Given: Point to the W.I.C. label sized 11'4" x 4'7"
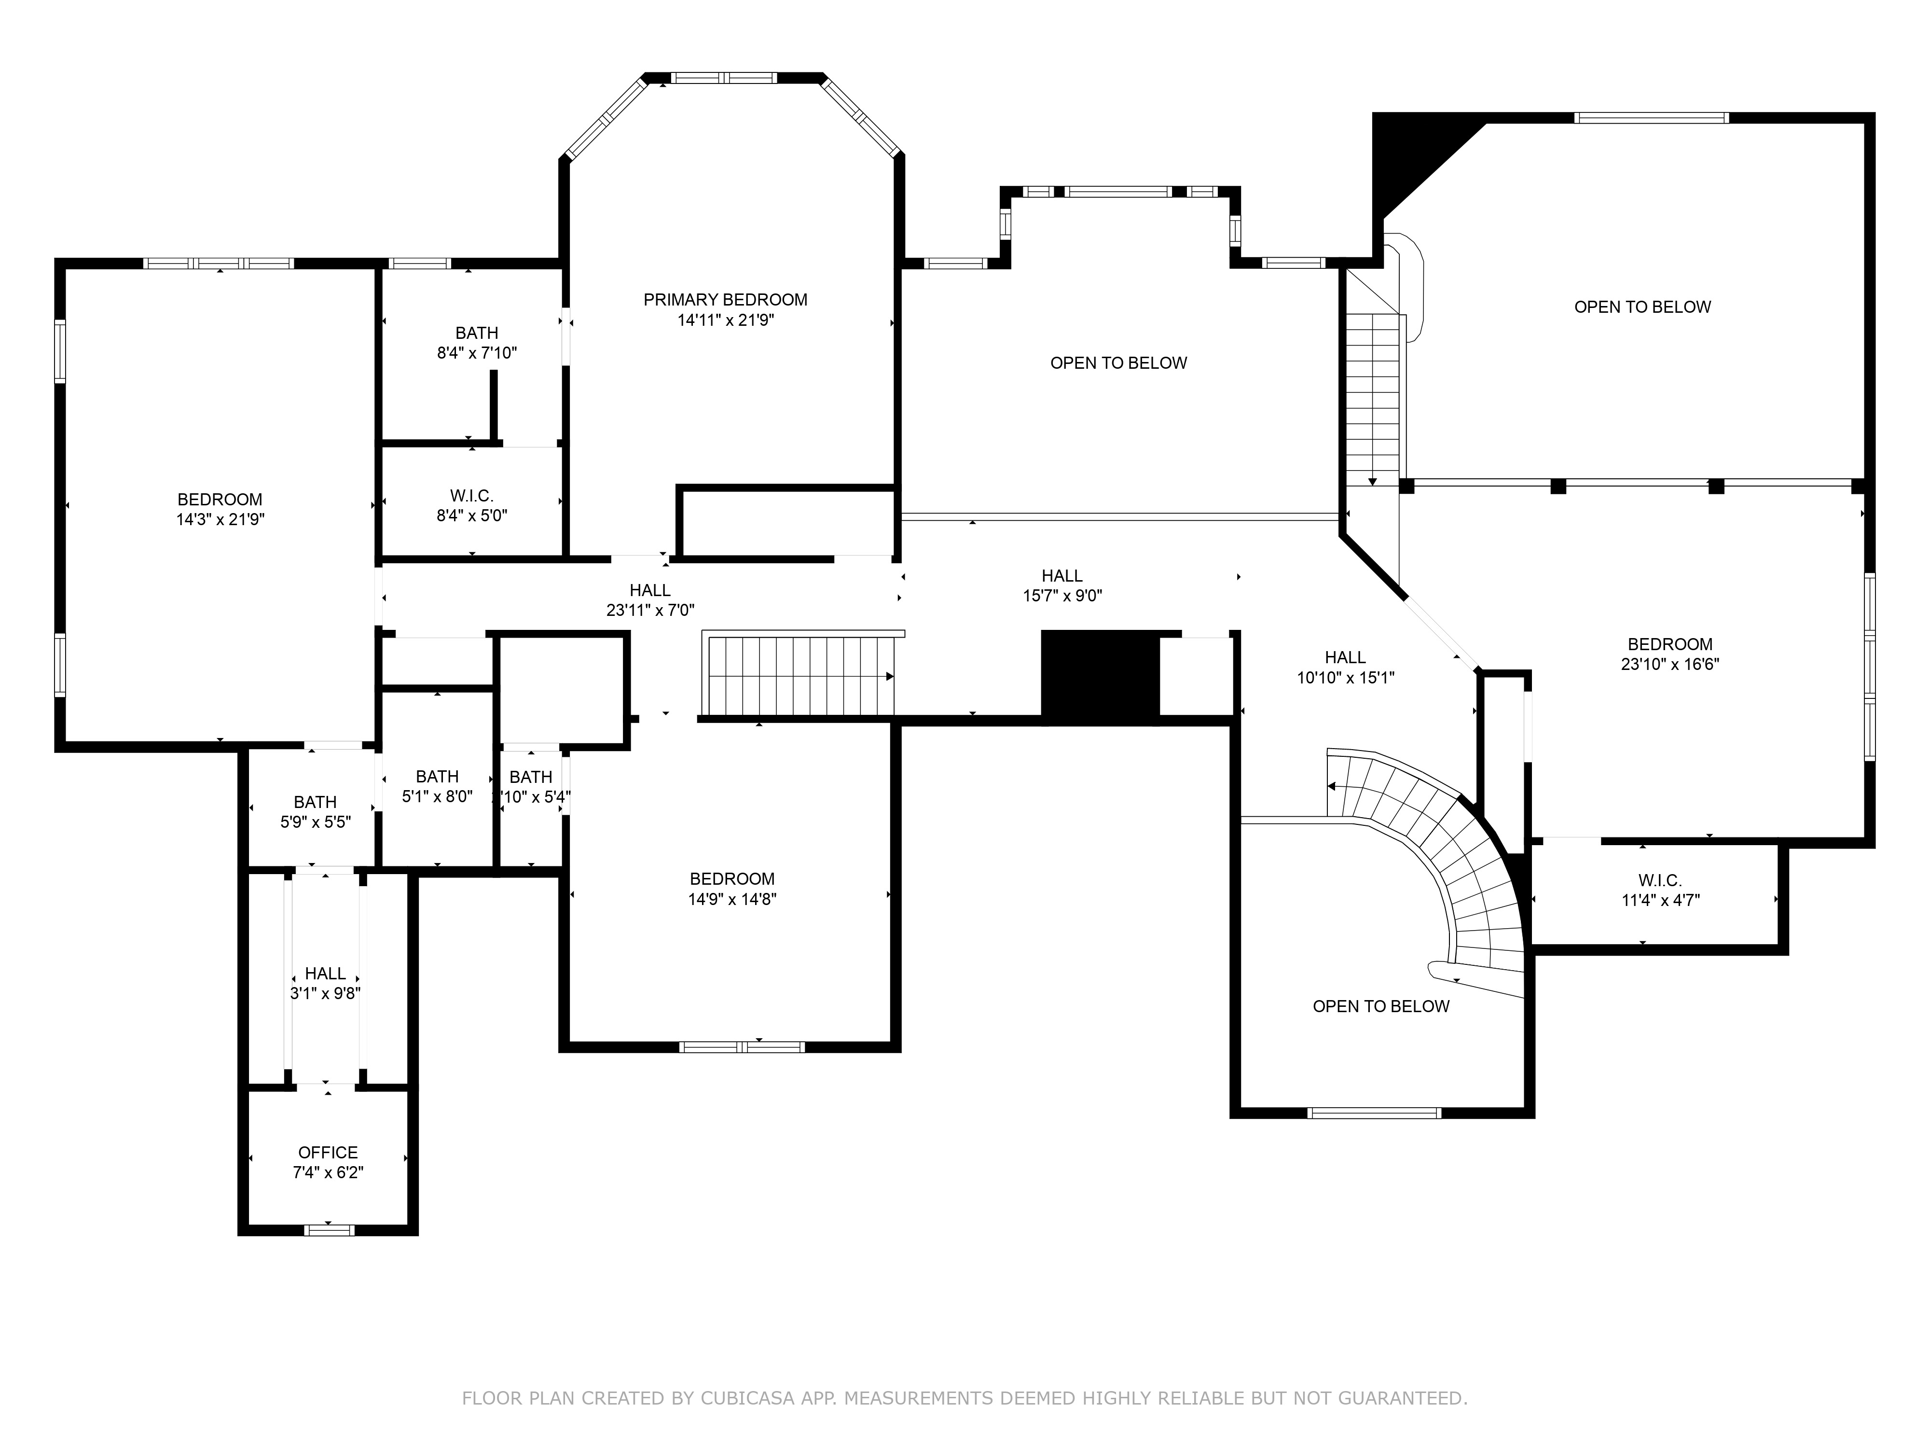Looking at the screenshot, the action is (x=1660, y=881).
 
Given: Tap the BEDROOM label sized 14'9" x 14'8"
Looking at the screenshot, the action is (x=732, y=879).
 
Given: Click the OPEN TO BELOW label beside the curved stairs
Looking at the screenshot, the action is (x=1381, y=1006).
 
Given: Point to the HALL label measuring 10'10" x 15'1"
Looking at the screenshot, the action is (x=1345, y=657).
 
